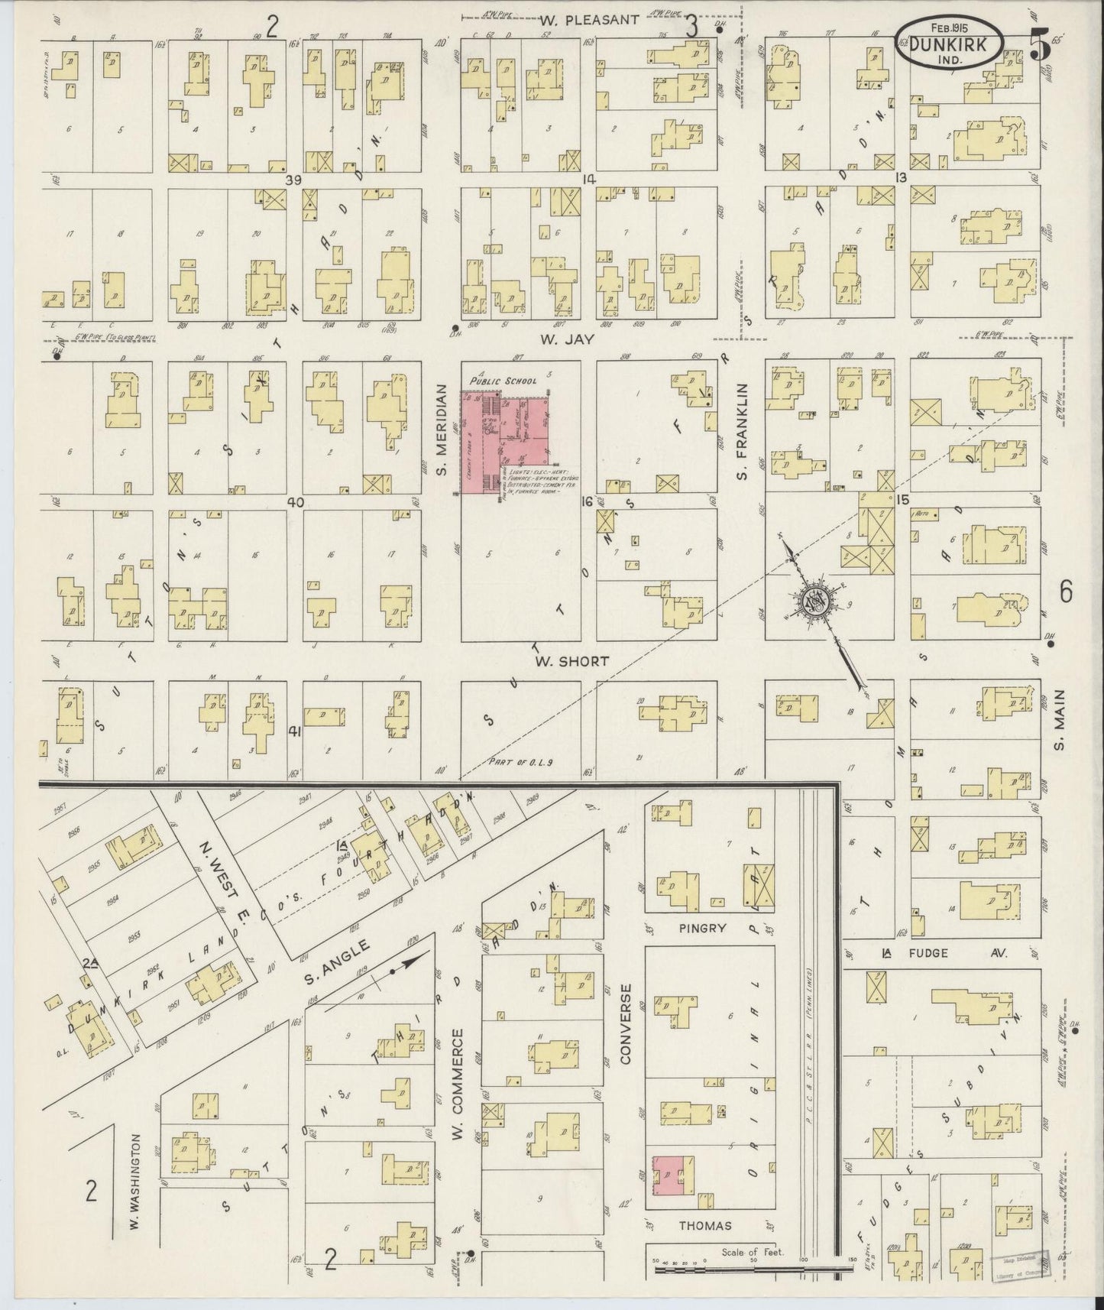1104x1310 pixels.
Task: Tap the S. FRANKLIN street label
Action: [741, 432]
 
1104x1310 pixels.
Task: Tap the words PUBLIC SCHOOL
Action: [504, 380]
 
